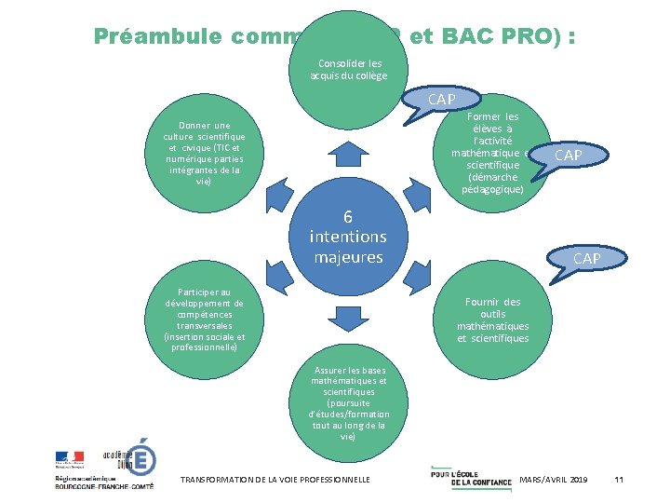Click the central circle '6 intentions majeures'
pos(348,236)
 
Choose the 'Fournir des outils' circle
pos(492,319)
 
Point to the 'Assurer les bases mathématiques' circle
pos(348,402)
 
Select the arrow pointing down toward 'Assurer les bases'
pos(348,319)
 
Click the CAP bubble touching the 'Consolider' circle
pos(440,99)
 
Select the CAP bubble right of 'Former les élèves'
pos(568,155)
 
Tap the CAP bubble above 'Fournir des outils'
pos(586,257)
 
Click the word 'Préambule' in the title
pos(154,37)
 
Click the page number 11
pos(619,479)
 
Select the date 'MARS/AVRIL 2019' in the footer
pos(554,479)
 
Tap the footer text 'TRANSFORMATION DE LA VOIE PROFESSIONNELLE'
pos(275,479)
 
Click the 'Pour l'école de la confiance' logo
pos(471,476)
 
